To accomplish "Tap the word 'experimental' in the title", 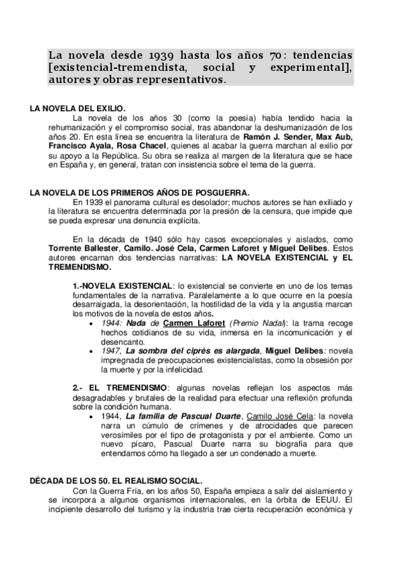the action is [x=315, y=67].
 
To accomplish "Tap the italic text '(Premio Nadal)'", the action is [x=257, y=323].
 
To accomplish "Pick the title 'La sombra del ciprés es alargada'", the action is [x=193, y=351].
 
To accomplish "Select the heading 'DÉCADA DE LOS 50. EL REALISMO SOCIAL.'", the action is [x=116, y=481].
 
